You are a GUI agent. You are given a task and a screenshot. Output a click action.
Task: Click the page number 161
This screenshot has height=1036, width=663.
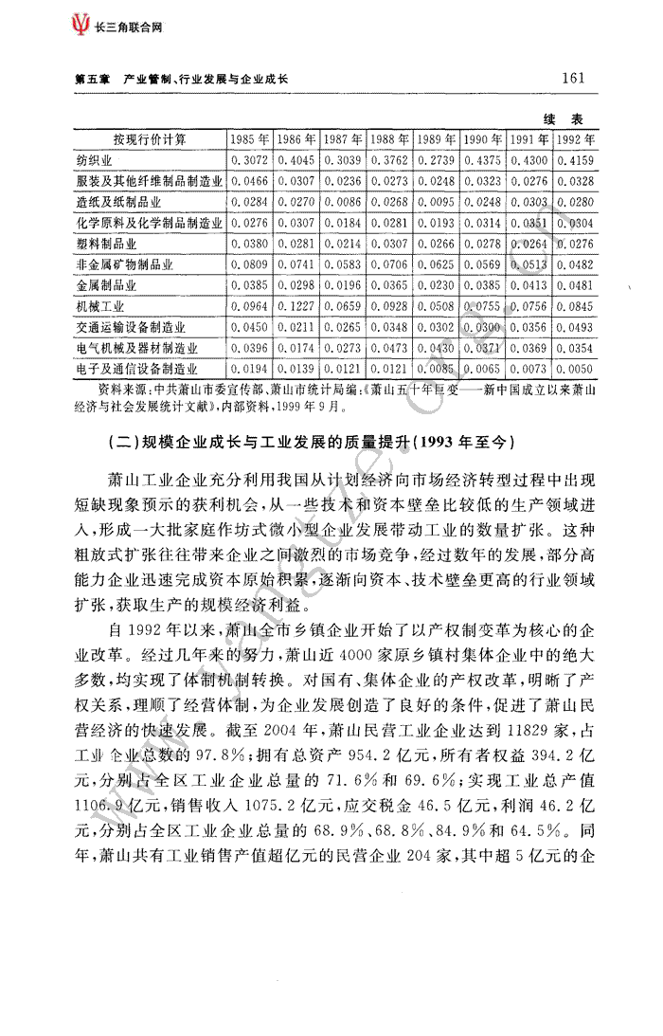pyautogui.click(x=574, y=78)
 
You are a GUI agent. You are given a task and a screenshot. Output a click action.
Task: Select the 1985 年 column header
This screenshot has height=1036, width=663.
pyautogui.click(x=250, y=140)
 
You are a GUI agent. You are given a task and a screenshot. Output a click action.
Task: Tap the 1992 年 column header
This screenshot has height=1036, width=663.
pyautogui.click(x=577, y=140)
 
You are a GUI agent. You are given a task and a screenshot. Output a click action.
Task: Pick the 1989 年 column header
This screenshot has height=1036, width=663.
pyautogui.click(x=437, y=140)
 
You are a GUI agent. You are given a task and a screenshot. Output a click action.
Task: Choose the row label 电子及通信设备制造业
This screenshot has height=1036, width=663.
pyautogui.click(x=137, y=370)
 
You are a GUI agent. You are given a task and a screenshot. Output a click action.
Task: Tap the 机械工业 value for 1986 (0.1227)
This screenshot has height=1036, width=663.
pyautogui.click(x=296, y=307)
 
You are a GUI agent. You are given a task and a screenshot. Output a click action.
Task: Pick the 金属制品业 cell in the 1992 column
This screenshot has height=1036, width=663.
pyautogui.click(x=576, y=286)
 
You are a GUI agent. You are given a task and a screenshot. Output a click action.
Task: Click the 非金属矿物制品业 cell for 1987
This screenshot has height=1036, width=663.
pyautogui.click(x=343, y=265)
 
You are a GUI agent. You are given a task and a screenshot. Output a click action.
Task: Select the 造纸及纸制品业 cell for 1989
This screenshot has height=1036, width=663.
pyautogui.click(x=437, y=203)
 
